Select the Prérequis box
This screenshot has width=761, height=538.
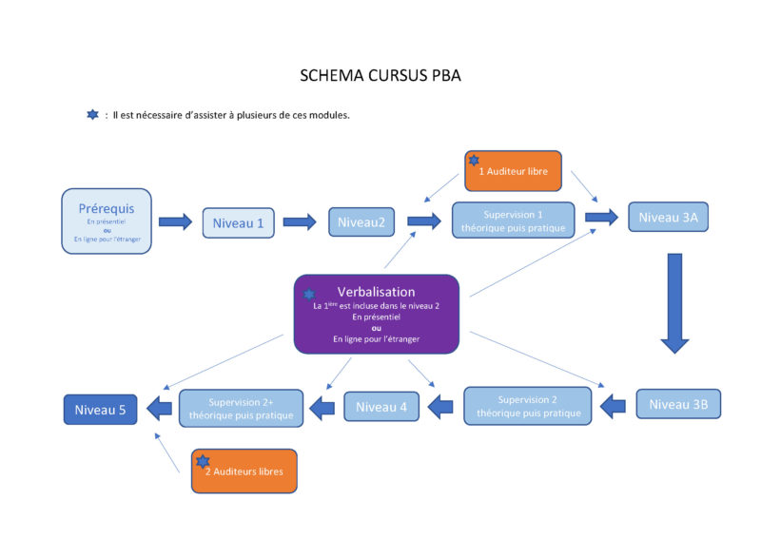click(107, 221)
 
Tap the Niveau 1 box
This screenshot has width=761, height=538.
click(237, 222)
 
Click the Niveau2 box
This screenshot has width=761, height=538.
click(362, 222)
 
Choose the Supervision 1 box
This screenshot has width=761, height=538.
click(513, 221)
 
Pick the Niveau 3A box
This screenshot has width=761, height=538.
click(668, 217)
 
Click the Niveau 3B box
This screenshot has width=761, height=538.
click(678, 404)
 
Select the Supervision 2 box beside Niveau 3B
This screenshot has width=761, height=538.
click(528, 406)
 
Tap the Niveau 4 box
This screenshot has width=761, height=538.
click(380, 408)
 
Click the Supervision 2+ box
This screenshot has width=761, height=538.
click(242, 408)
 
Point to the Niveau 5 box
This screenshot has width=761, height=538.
click(101, 409)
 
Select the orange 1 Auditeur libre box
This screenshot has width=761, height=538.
click(513, 171)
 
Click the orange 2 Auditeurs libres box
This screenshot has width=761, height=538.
click(244, 471)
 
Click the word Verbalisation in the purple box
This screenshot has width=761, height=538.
click(376, 292)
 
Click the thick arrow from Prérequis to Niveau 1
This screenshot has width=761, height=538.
click(175, 221)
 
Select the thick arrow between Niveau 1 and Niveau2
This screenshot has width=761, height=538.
click(299, 221)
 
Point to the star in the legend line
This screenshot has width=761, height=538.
click(92, 115)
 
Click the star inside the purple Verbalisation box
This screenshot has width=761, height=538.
click(309, 295)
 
